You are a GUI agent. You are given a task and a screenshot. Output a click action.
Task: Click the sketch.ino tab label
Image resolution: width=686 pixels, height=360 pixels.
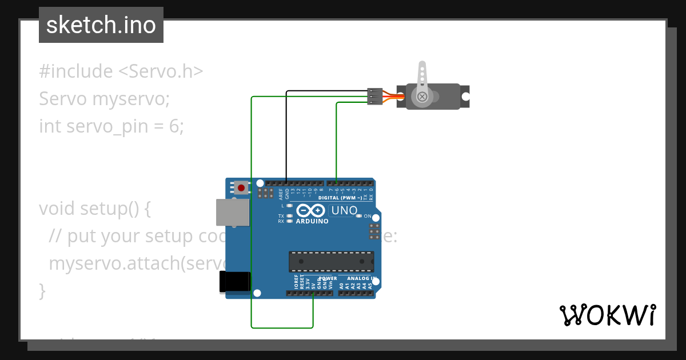[101, 25]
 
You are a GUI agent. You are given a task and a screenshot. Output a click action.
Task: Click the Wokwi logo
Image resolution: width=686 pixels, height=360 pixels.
[607, 315]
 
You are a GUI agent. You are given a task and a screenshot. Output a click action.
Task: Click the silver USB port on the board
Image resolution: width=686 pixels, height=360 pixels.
[233, 213]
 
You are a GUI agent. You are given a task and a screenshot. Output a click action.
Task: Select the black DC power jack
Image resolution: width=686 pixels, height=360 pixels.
[235, 282]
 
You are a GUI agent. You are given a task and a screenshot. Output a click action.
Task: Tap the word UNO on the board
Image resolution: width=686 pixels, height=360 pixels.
[344, 210]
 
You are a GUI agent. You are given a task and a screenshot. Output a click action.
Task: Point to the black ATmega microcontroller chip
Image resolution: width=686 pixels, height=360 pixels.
[331, 261]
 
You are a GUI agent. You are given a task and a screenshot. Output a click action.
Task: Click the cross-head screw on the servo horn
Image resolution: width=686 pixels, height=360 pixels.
[422, 97]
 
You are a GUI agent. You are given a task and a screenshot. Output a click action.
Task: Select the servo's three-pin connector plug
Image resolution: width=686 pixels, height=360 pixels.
[374, 96]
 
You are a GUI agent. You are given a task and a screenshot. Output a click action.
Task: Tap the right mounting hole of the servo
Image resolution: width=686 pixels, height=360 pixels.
[465, 97]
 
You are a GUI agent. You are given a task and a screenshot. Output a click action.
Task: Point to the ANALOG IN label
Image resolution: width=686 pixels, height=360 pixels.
[362, 278]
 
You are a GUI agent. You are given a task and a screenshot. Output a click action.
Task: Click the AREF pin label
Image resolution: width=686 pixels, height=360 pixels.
[281, 194]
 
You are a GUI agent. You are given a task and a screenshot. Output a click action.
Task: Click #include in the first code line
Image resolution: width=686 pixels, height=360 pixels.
[76, 71]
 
